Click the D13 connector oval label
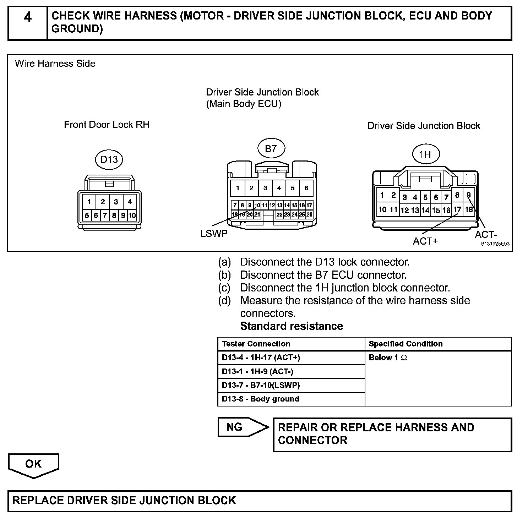point(109,160)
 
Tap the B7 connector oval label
point(271,149)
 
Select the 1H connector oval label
point(425,154)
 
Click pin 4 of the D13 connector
point(130,202)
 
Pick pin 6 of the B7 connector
point(306,188)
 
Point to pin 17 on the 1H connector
point(457,209)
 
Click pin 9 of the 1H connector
point(469,195)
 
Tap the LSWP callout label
point(214,234)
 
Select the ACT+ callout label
point(425,241)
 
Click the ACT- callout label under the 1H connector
point(486,235)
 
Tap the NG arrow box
point(241,427)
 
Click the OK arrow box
point(33,464)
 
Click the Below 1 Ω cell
point(388,358)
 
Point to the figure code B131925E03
point(495,244)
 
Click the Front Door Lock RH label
point(107,125)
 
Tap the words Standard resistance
point(292,326)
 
